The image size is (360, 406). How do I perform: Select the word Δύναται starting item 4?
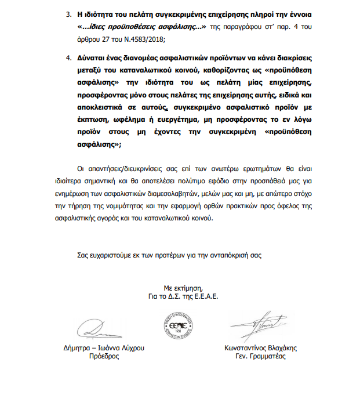pos(90,59)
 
